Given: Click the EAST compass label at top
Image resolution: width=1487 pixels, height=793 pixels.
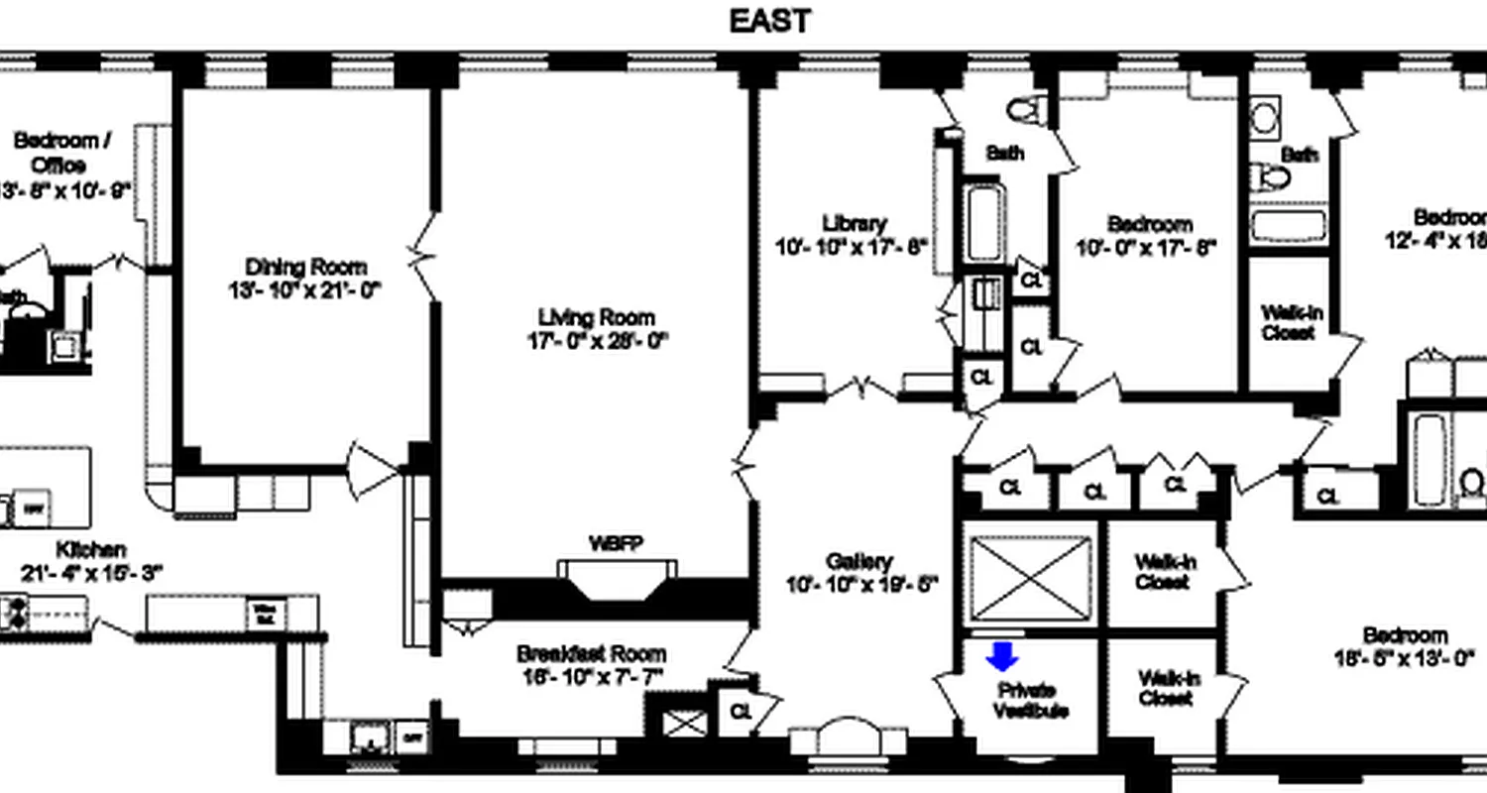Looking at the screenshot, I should tap(769, 21).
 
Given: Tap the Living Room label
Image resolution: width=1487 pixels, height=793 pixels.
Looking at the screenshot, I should tap(597, 317).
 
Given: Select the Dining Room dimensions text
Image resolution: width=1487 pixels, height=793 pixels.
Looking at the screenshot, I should tap(305, 289).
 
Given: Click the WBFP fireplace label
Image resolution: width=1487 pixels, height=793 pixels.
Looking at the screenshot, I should tap(616, 543).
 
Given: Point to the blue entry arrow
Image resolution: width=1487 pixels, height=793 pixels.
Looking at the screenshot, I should tap(1002, 655).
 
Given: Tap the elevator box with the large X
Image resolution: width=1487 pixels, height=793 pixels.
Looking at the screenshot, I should tap(1030, 578).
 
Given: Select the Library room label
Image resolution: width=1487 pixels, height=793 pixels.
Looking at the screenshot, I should tap(854, 223).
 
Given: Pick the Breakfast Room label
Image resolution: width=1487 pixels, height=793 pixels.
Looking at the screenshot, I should tap(591, 654).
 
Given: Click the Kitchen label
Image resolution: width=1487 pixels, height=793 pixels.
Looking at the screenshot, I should tap(90, 549).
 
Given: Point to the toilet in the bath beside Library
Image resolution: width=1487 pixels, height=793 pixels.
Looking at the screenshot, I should tap(1023, 108).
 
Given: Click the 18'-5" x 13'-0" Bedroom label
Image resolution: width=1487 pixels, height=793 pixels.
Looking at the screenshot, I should tap(1405, 635).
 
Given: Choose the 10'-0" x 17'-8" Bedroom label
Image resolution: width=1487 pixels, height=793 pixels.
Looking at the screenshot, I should tap(1149, 224).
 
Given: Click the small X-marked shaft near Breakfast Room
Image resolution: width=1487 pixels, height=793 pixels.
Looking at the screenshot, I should tap(685, 723).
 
